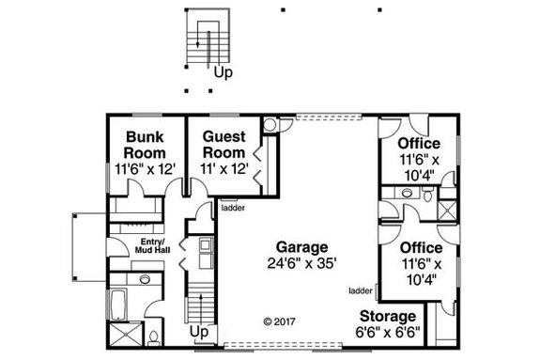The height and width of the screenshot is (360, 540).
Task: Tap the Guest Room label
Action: pyautogui.click(x=225, y=143)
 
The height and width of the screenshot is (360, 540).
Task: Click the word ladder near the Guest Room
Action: pyautogui.click(x=234, y=209)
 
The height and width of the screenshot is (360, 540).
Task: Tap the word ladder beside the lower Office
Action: pyautogui.click(x=360, y=291)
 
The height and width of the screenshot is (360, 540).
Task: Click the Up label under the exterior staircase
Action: pyautogui.click(x=223, y=71)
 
